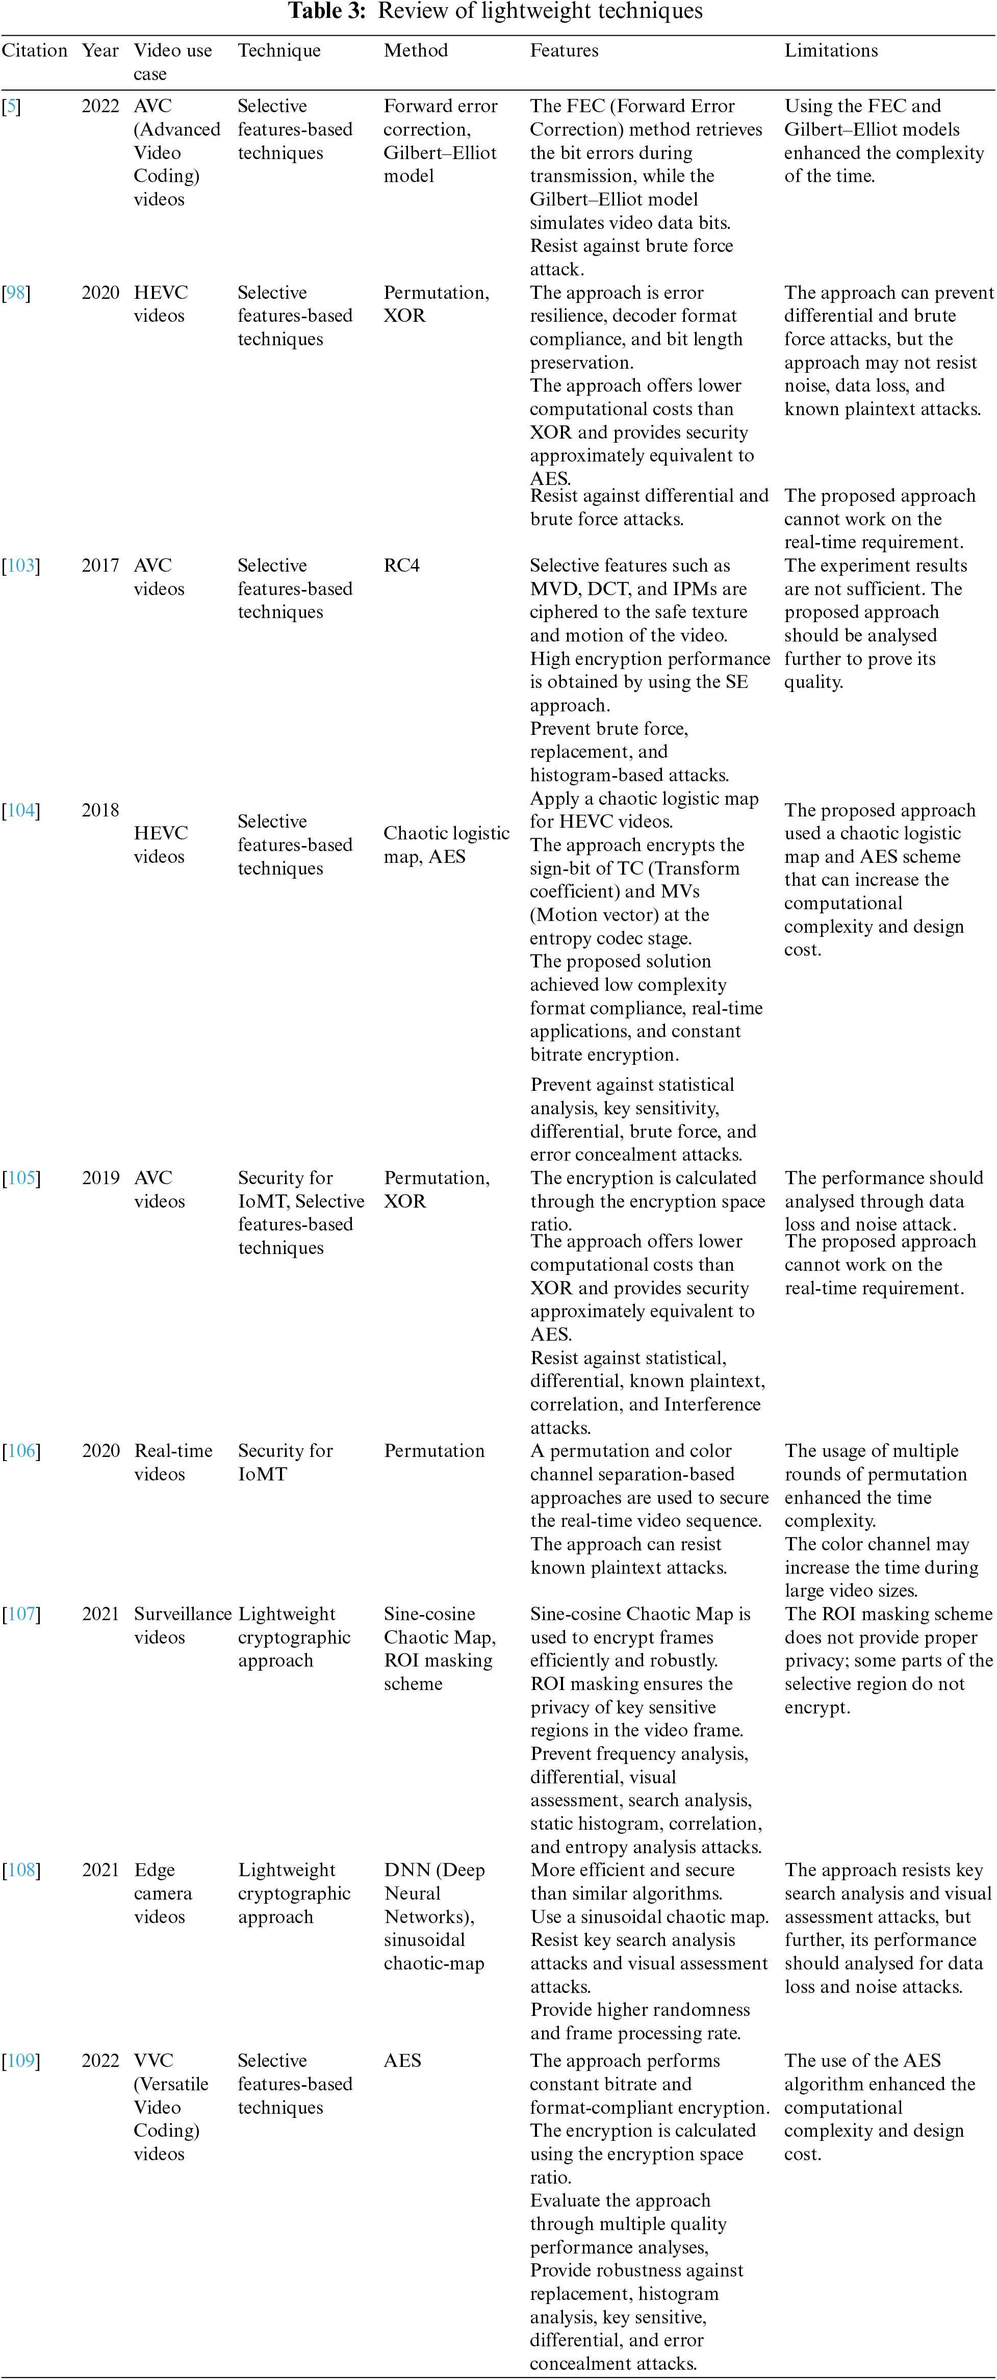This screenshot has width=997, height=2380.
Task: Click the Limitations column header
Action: (x=831, y=51)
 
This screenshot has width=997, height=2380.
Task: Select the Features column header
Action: (x=564, y=51)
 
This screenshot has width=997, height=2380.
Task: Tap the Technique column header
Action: (x=279, y=51)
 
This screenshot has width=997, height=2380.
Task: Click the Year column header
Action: (x=100, y=51)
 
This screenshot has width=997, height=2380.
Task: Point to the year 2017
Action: (x=100, y=566)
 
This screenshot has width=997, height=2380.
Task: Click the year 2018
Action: (x=100, y=810)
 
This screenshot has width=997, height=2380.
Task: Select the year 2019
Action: (x=100, y=1178)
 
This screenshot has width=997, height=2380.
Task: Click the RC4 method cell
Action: (x=401, y=566)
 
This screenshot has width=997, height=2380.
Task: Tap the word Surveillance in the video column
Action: (x=182, y=1614)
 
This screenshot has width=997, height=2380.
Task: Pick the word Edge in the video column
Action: (x=155, y=1870)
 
